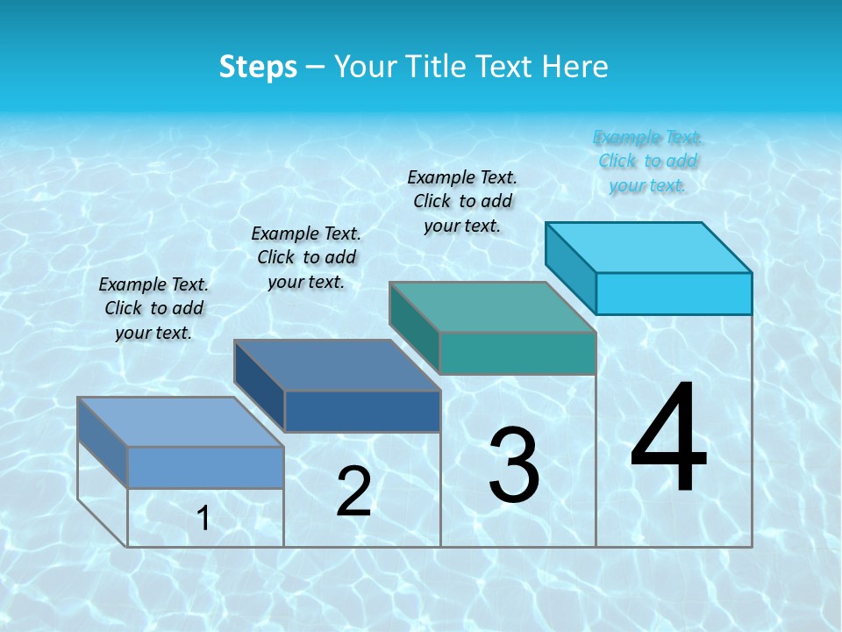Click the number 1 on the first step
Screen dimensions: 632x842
(203, 518)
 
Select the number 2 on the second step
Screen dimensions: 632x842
(353, 492)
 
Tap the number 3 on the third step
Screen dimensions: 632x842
(514, 464)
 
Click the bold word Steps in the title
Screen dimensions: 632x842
(258, 67)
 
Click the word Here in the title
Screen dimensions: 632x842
(575, 67)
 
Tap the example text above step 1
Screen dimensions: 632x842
(153, 308)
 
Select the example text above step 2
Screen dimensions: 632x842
(306, 257)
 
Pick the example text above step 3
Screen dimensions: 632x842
(462, 201)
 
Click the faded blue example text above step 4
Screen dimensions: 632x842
(648, 161)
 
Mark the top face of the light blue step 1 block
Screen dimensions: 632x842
(181, 422)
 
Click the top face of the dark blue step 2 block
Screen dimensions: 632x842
(337, 365)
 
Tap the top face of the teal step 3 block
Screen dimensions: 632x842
(493, 307)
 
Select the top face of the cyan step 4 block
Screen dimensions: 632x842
(649, 248)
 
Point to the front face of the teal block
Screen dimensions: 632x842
(517, 353)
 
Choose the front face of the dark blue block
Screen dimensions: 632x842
(362, 411)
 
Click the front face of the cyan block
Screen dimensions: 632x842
(674, 293)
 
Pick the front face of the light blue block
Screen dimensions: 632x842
(205, 467)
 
